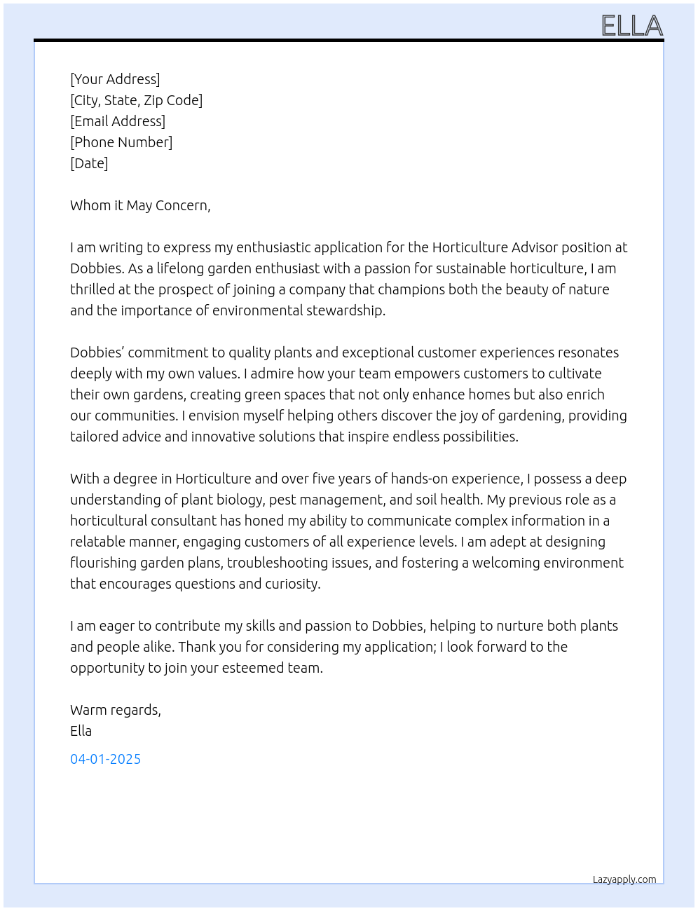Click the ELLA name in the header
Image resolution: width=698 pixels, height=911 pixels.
point(631,26)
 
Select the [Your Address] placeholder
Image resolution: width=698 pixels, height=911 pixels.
point(115,79)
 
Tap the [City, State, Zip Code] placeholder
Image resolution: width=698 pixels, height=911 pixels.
point(136,100)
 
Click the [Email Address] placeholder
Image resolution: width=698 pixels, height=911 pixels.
point(118,121)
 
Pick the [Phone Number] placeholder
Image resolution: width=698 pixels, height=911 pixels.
point(121,142)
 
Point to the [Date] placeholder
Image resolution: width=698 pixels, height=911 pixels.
point(89,163)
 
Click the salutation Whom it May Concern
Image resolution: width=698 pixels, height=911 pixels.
point(140,205)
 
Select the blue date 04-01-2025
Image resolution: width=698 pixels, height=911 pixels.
point(105,759)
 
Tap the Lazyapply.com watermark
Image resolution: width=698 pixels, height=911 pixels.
point(624,879)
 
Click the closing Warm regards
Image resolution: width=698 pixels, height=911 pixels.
point(116,710)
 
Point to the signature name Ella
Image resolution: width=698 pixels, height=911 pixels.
point(81,731)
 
